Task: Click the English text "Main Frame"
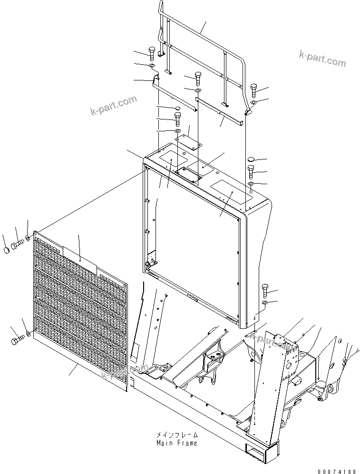coord(176,443)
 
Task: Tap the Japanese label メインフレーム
coord(176,435)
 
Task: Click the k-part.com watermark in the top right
coord(322,59)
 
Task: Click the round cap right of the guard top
coord(252,159)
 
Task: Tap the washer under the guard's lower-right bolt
coord(265,303)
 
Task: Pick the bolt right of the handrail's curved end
coord(253,89)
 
